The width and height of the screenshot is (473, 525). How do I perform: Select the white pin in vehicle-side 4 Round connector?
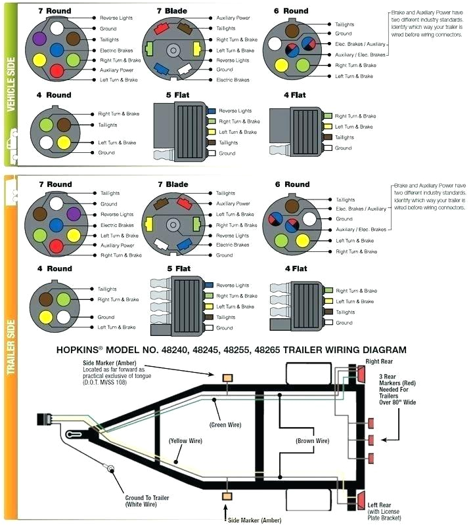click(47, 142)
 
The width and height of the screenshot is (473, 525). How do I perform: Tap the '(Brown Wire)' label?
click(312, 441)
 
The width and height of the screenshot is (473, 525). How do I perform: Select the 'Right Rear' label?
click(380, 361)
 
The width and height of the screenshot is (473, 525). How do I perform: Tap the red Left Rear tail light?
click(361, 502)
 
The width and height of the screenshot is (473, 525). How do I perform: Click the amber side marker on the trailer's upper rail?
click(228, 379)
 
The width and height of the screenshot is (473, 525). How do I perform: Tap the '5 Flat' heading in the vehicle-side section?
click(177, 95)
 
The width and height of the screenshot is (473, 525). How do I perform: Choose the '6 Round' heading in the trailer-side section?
click(291, 184)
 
